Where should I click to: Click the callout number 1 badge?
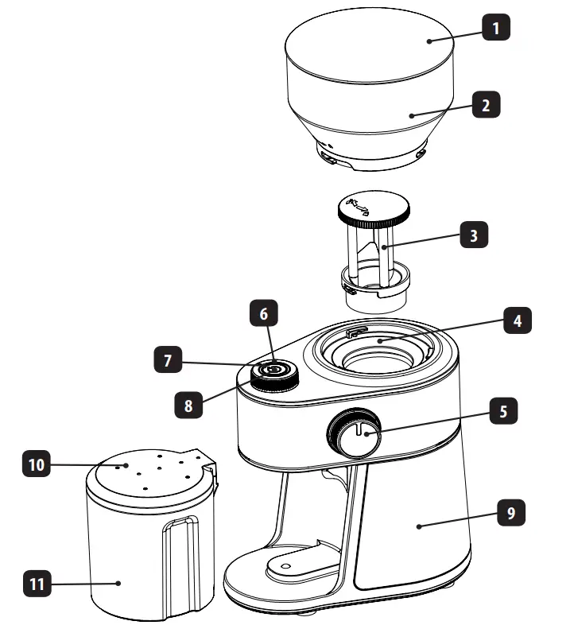[495, 29]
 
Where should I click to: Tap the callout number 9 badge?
[511, 513]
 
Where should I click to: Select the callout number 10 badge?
[35, 464]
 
